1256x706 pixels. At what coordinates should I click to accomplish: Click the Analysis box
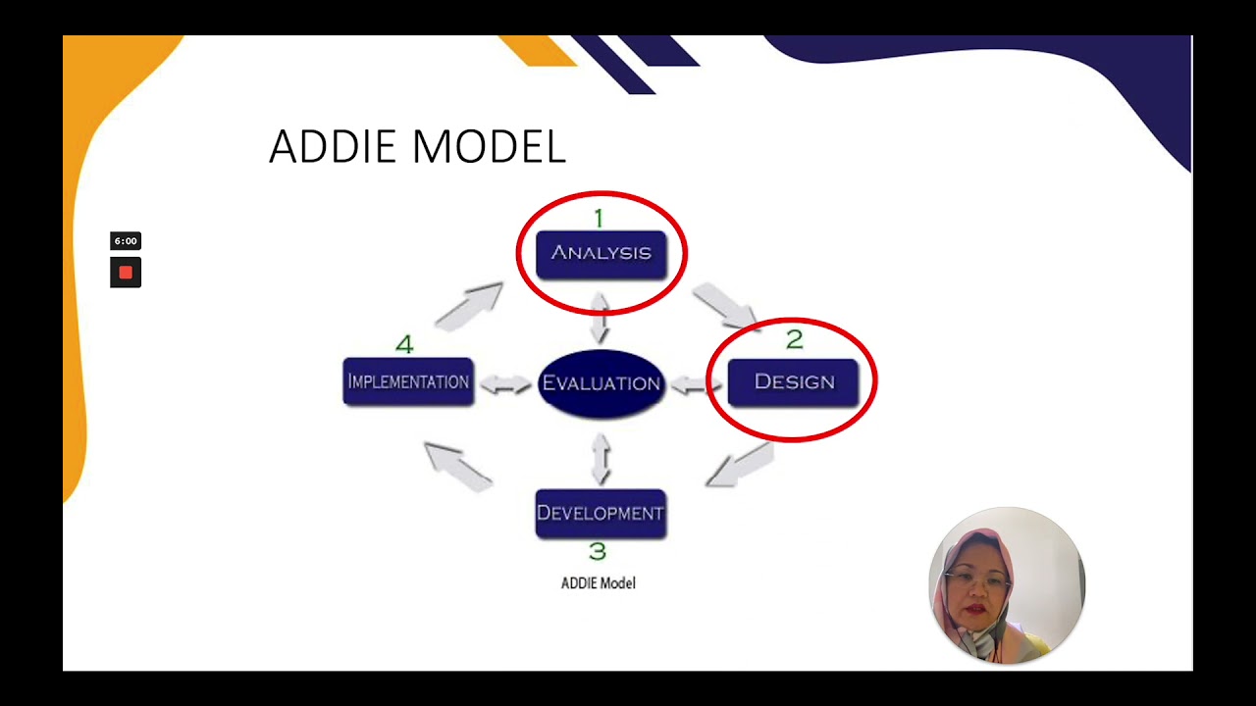coord(601,254)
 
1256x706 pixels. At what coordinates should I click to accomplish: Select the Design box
coord(793,381)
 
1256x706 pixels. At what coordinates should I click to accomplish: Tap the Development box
coord(601,513)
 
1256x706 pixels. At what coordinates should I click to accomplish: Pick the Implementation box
coord(408,381)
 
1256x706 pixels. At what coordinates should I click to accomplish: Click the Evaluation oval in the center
coord(601,383)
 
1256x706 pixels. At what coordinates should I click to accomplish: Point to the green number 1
coord(599,218)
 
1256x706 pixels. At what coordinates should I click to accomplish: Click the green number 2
coord(794,339)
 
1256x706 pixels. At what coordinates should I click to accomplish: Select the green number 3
coord(597,552)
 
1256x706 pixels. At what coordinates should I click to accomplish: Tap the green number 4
coord(404,345)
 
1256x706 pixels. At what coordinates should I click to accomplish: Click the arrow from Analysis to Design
coord(724,305)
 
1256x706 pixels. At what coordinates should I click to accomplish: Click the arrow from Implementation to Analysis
coord(469,306)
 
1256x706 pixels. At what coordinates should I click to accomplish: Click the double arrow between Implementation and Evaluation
coord(506,384)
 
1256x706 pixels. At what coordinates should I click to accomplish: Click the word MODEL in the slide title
coord(489,147)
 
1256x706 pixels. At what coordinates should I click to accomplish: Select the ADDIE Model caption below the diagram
coord(598,583)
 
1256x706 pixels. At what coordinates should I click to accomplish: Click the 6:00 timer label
coord(126,241)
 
